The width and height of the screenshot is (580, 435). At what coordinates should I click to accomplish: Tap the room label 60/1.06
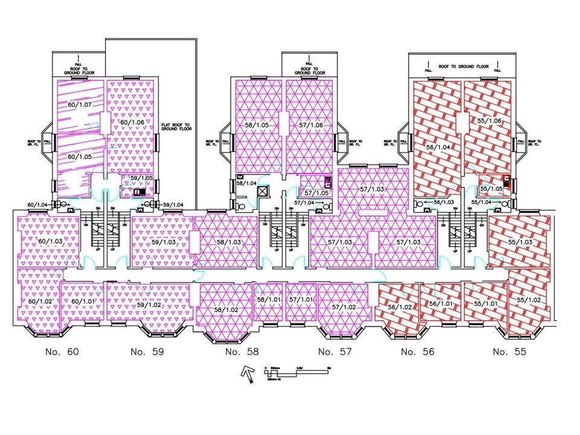click(131, 123)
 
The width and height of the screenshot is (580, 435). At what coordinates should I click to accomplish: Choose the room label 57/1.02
click(344, 307)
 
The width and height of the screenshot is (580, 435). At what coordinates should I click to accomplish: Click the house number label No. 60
click(62, 351)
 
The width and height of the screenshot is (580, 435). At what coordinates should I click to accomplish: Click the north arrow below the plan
click(247, 375)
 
